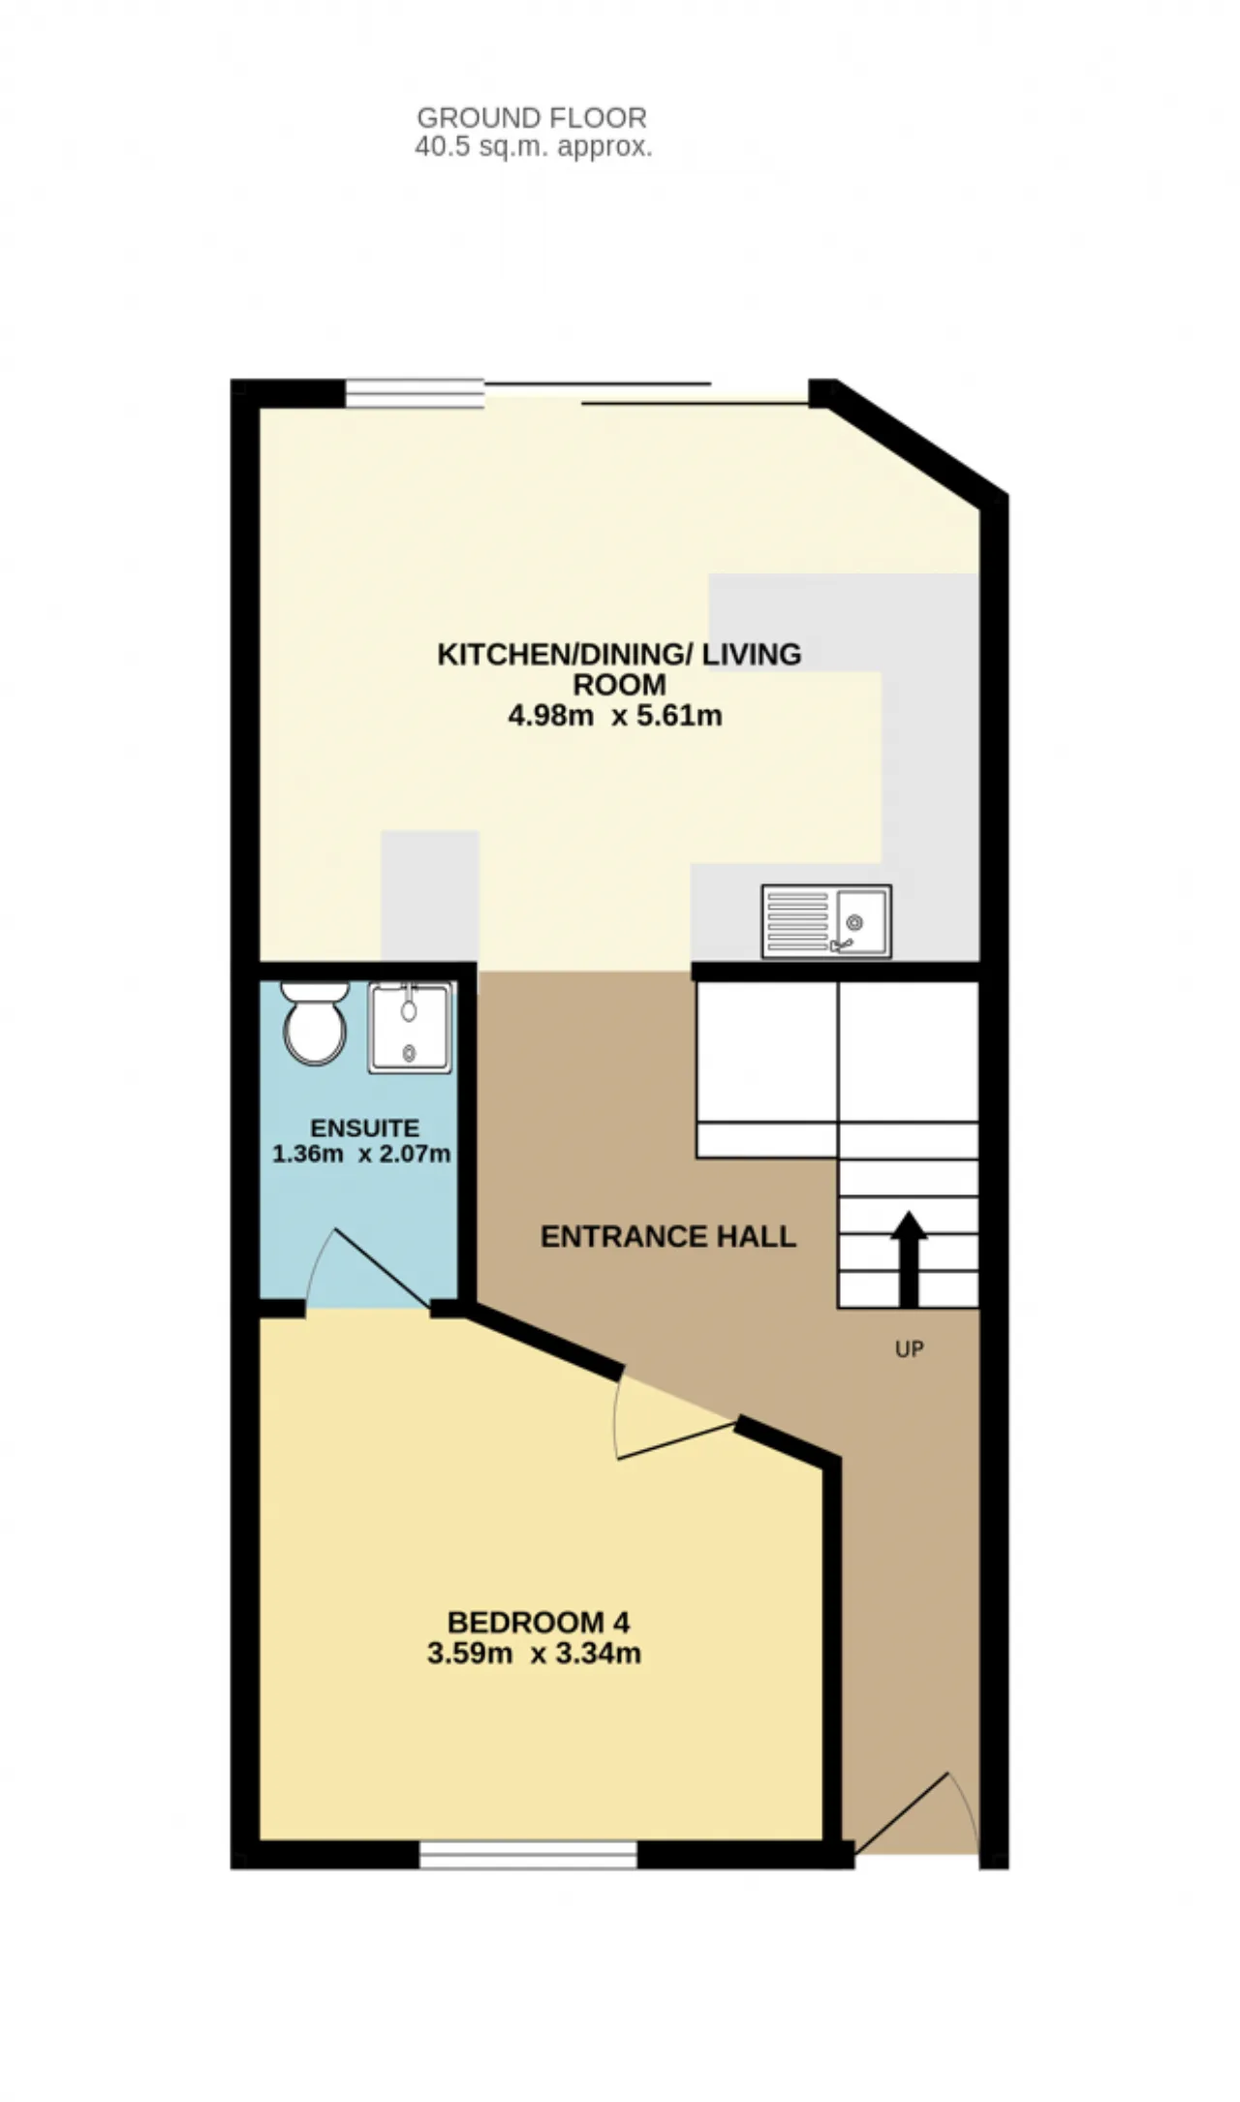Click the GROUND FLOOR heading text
[x=532, y=118]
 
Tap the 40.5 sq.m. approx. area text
[x=534, y=147]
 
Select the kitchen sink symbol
[x=826, y=921]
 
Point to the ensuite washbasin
[x=410, y=1028]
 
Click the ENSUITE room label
[x=364, y=1128]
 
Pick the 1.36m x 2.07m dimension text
[x=361, y=1154]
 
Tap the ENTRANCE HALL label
[x=668, y=1236]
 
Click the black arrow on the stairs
[x=908, y=1258]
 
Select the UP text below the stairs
[x=909, y=1348]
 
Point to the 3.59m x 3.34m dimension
[x=534, y=1653]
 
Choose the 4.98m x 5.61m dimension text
[x=615, y=716]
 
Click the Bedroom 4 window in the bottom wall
[x=529, y=1855]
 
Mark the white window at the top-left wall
[x=415, y=392]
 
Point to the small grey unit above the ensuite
[x=430, y=897]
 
